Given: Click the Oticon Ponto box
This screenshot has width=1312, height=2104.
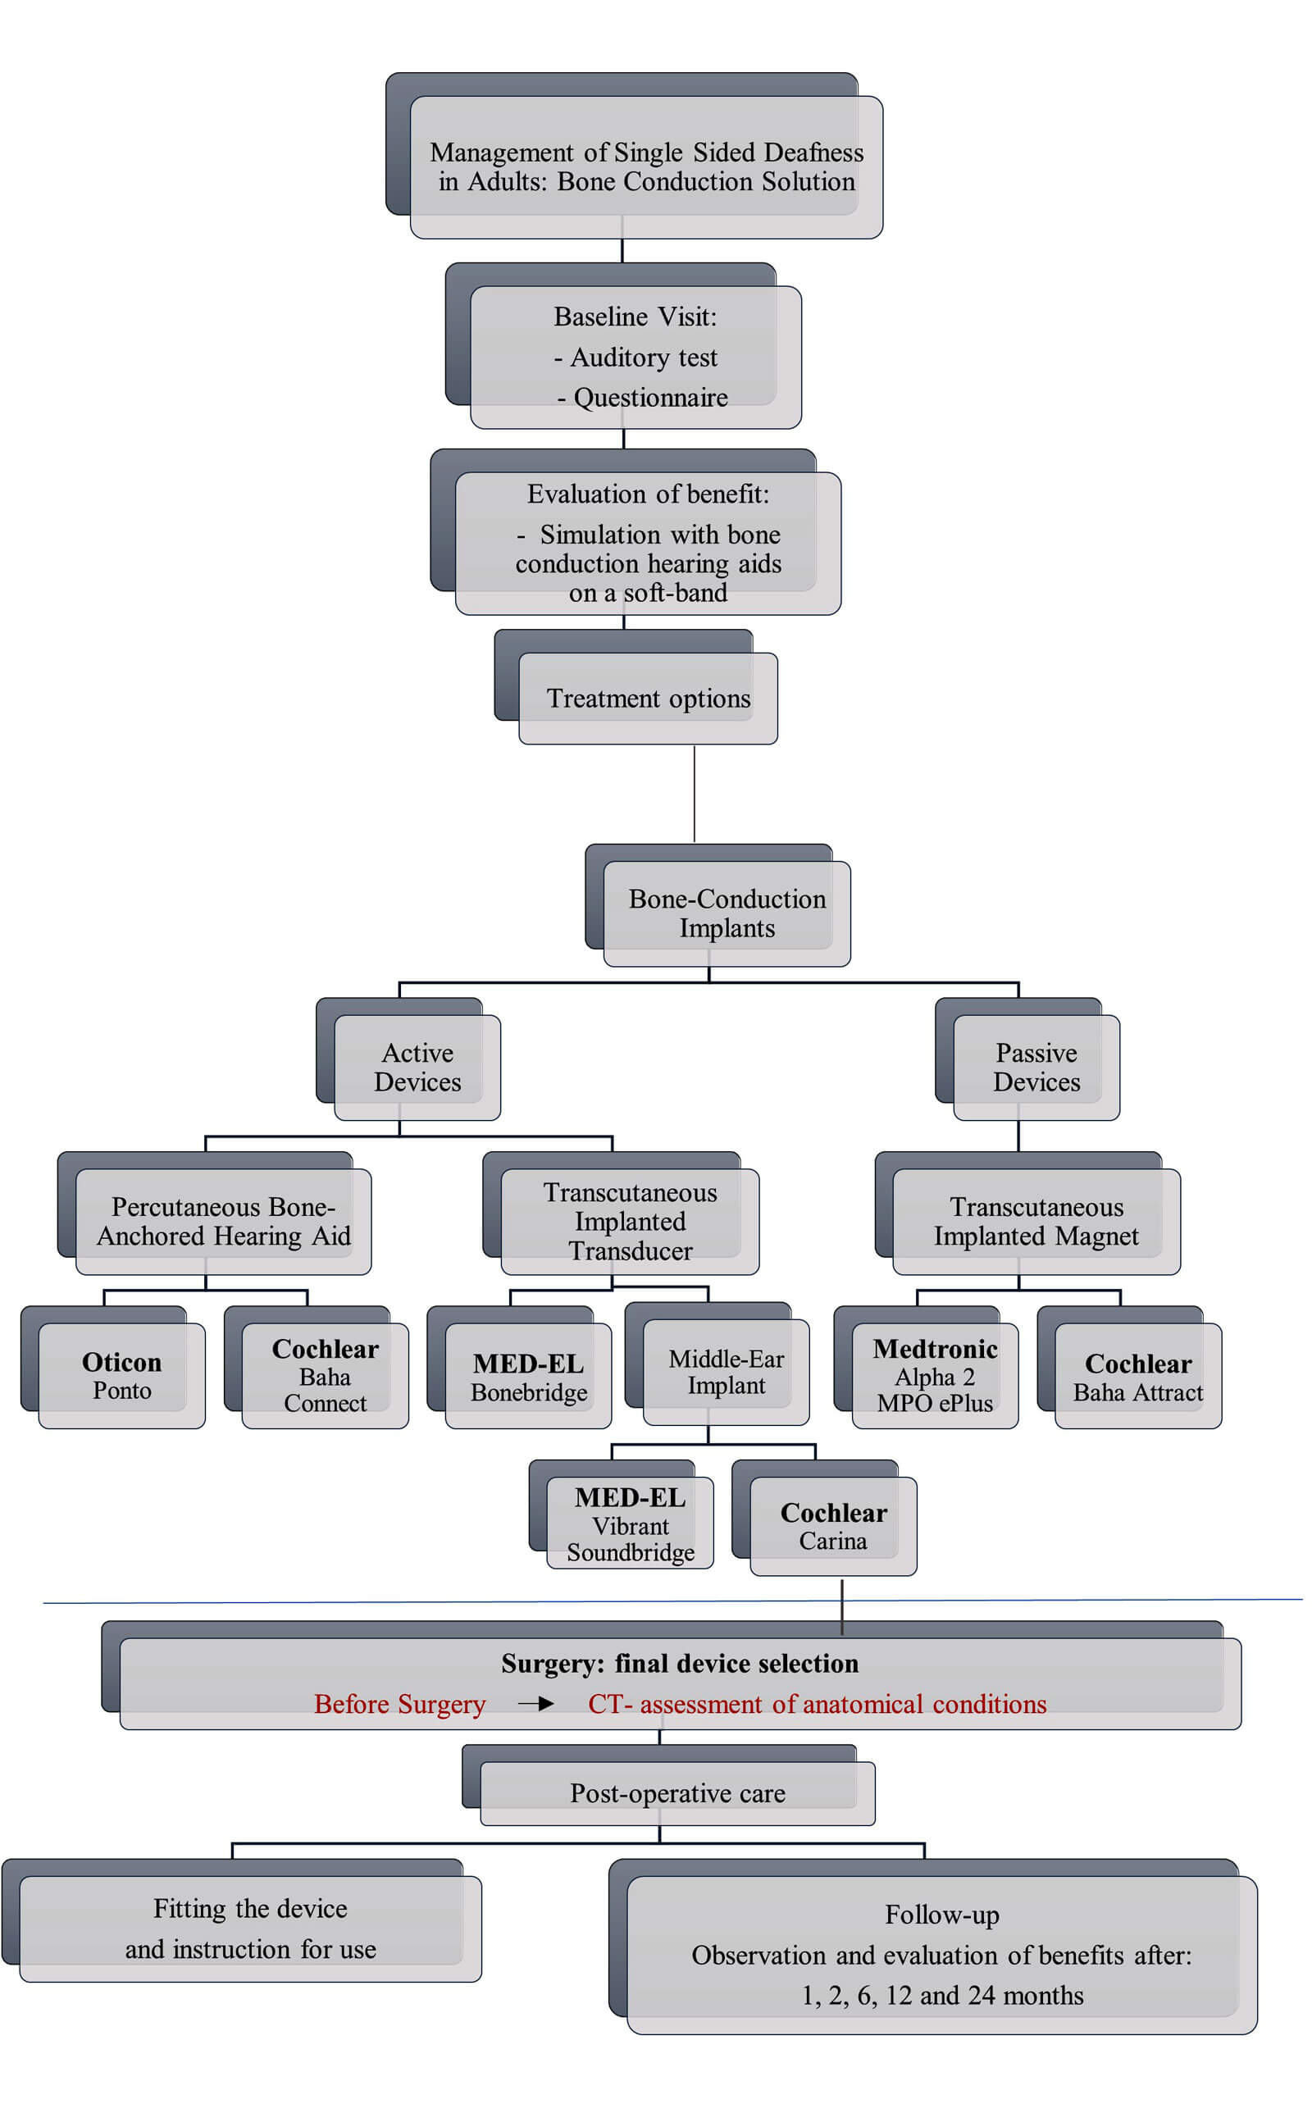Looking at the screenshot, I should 121,1375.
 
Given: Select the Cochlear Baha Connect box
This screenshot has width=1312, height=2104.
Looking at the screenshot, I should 325,1375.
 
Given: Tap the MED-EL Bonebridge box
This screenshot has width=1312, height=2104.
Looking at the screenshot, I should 528,1377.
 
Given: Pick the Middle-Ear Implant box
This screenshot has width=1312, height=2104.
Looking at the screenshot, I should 727,1372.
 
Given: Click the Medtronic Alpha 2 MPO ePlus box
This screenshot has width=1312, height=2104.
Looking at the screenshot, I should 935,1375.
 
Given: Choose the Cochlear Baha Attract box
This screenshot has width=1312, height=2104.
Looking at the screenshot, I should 1137,1377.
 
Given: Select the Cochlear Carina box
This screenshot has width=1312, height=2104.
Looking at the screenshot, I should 833,1526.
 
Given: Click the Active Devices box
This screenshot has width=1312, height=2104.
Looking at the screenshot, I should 417,1068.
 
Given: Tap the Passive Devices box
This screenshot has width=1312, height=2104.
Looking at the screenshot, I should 1036,1068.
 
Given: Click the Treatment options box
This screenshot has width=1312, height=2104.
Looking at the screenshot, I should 648,698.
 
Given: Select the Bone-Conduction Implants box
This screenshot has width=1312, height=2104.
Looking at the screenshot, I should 727,913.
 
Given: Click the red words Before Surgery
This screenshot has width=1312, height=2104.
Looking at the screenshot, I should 399,1704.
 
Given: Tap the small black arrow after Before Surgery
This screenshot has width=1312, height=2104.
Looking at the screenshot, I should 536,1704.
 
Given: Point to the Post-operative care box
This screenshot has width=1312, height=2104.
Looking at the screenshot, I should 676,1792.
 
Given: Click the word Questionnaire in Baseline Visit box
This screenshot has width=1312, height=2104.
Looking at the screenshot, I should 651,398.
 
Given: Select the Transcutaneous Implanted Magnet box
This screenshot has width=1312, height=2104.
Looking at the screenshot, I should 1036,1221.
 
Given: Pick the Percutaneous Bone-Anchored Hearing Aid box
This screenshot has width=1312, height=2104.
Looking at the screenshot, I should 223,1221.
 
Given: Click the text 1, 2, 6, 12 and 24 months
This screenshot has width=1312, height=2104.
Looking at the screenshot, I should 942,1996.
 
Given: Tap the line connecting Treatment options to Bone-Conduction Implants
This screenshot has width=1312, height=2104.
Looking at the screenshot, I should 695,793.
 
